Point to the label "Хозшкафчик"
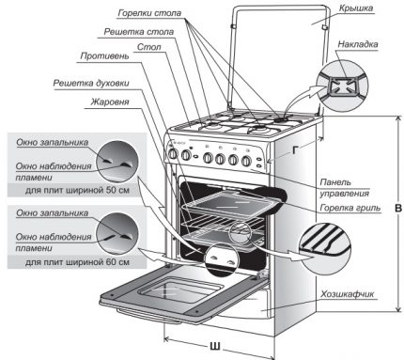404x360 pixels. click(x=346, y=294)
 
